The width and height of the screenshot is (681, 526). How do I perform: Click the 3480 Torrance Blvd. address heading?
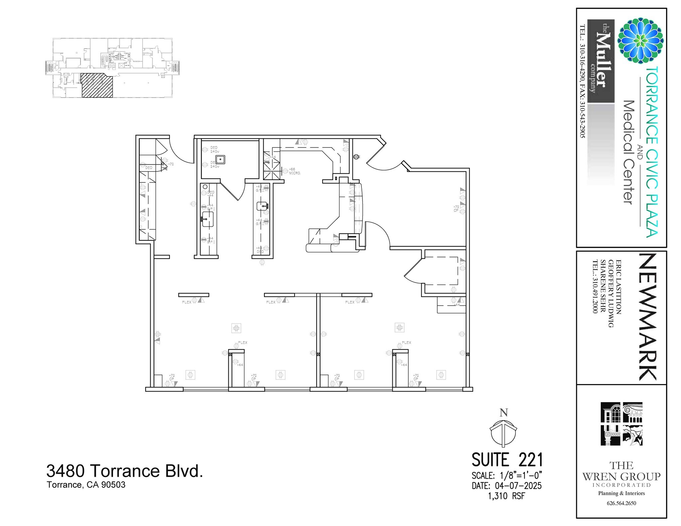(x=124, y=471)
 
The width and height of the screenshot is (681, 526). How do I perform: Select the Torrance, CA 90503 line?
(x=86, y=485)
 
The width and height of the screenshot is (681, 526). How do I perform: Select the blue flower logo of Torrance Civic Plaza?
(x=640, y=41)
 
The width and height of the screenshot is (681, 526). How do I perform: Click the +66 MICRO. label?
(x=294, y=171)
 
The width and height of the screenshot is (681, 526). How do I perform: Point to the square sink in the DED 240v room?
(x=220, y=159)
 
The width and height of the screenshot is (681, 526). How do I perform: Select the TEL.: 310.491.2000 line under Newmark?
(x=595, y=286)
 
